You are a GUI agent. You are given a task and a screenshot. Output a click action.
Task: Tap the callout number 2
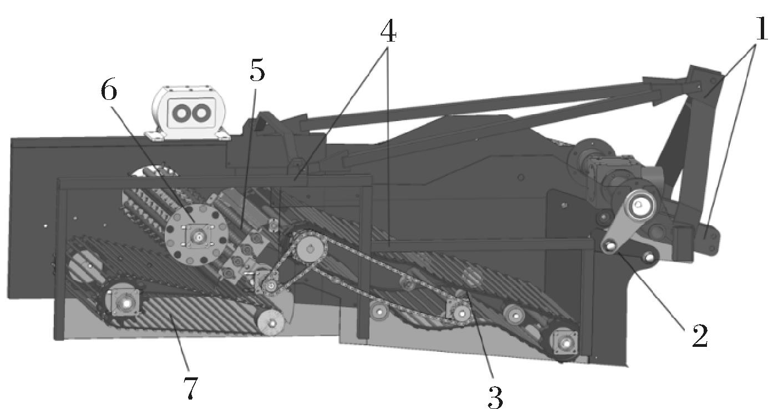coord(700,336)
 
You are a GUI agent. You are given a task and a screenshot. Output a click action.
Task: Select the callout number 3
coord(495,397)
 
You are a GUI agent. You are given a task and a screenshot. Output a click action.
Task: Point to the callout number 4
coord(388,32)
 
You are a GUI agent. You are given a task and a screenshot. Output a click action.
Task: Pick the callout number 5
coord(257,70)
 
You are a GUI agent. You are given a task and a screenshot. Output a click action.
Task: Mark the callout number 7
coord(190,387)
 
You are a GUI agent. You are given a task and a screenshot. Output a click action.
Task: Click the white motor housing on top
coord(188,113)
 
